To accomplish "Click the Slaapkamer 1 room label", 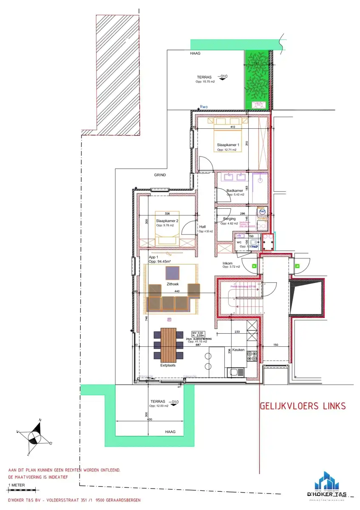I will click(228, 145).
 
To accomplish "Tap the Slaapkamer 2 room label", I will click(167, 221).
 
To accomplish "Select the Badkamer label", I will click(235, 191).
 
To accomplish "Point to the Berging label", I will click(229, 219).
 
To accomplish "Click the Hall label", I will click(202, 227).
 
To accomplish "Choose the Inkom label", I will click(228, 263).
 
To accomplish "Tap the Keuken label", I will click(238, 349).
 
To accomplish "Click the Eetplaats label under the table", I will click(168, 365).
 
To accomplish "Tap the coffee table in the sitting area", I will click(172, 272).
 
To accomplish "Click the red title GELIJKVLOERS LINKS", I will click(302, 406).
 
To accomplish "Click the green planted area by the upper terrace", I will click(258, 79).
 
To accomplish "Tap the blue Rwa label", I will click(205, 107).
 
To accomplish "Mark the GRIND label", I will click(160, 175).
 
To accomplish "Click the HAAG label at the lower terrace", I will click(170, 431).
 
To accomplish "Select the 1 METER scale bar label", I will click(16, 484).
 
